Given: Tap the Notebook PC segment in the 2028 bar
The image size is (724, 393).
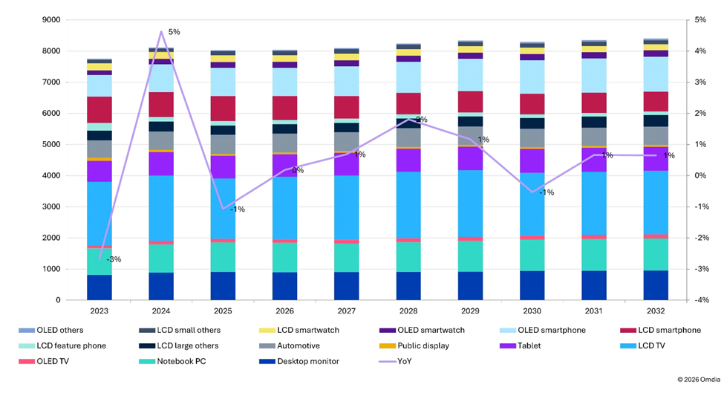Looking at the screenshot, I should coord(408,257).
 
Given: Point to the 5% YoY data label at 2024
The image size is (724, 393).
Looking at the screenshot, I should coord(174,32).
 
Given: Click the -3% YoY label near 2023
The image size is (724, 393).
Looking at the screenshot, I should coord(114,259).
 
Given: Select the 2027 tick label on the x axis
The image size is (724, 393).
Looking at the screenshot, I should coord(346,311).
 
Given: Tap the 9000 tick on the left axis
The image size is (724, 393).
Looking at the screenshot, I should coord(51,20).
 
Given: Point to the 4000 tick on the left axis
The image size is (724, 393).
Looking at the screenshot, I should coord(51,176).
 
